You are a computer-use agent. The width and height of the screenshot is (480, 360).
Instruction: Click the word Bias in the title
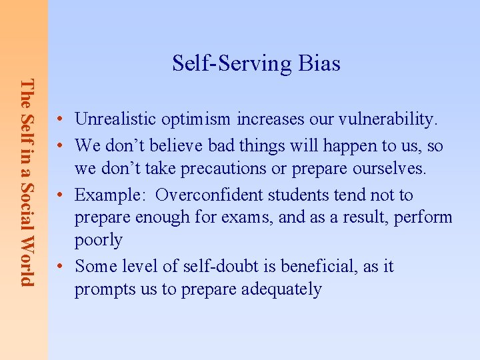[319, 63]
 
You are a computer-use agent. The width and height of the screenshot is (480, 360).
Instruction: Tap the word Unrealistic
[117, 119]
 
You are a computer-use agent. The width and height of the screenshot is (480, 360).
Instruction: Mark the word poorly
[99, 240]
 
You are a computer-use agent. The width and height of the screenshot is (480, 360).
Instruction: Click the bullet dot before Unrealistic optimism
[60, 120]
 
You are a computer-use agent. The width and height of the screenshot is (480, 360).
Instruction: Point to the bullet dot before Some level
[60, 267]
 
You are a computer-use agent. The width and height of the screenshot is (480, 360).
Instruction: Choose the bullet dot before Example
[60, 195]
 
